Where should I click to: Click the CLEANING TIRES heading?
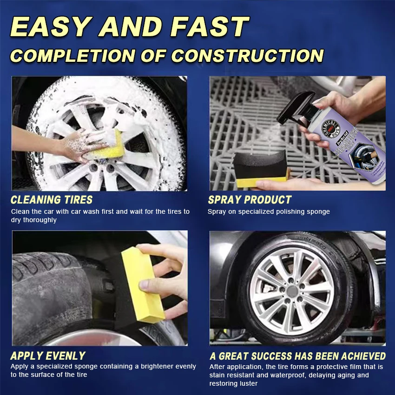(x=52, y=200)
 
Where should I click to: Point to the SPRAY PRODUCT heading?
(x=250, y=200)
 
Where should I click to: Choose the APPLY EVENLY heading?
(x=48, y=356)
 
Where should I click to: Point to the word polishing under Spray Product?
(x=282, y=211)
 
